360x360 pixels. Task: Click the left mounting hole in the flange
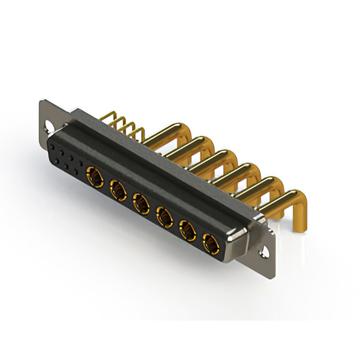click(x=47, y=127)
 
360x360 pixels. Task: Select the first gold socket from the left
click(x=94, y=179)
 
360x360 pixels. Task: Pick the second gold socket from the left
click(x=118, y=191)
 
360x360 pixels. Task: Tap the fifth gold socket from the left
click(x=187, y=229)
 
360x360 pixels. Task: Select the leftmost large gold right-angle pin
click(x=169, y=133)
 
